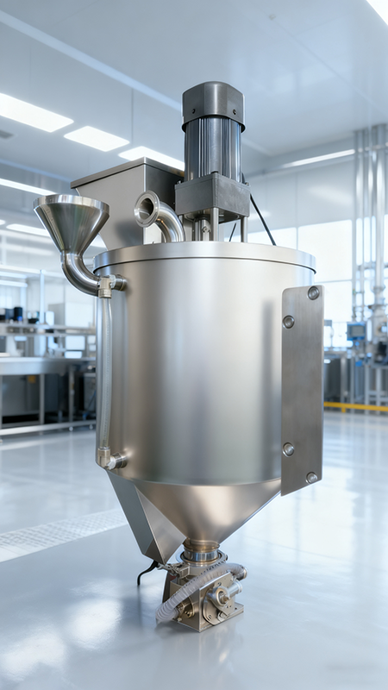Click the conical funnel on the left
pyautogui.click(x=71, y=221)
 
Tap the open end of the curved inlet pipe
pyautogui.click(x=147, y=208)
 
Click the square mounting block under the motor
pyautogui.click(x=212, y=197)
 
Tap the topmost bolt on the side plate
pyautogui.click(x=313, y=293)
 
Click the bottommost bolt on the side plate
pyautogui.click(x=311, y=477)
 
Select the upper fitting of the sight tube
pyautogui.click(x=109, y=283)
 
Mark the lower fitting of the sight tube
pyautogui.click(x=109, y=459)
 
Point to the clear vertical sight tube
pyautogui.click(x=104, y=371)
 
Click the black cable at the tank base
pyautogui.click(x=147, y=571)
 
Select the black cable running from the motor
pyautogui.click(x=263, y=221)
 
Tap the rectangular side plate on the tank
pyautogui.click(x=301, y=388)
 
